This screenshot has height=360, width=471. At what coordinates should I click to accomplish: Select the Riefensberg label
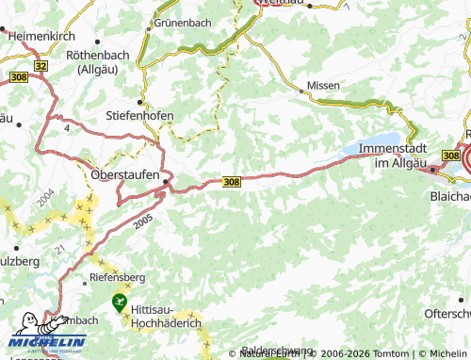coord(119,277)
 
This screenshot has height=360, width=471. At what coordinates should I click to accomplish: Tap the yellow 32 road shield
coord(40,66)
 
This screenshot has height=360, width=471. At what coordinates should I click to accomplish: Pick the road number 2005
coord(142,220)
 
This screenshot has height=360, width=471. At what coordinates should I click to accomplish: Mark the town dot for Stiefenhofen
coord(140,102)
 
